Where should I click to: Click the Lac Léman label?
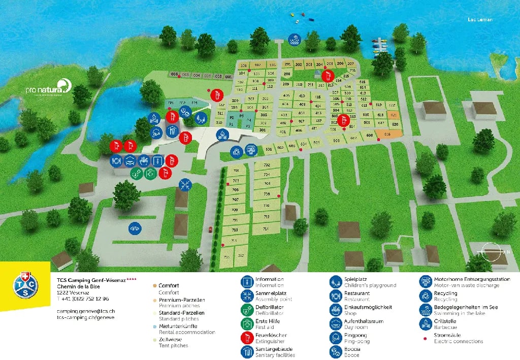(x=480, y=20)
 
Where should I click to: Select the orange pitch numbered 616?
(x=387, y=134)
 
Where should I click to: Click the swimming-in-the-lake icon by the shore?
(x=294, y=40)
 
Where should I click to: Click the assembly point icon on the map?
(x=185, y=185)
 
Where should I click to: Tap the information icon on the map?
(x=158, y=161)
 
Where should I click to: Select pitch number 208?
(x=287, y=74)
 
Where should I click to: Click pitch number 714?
(x=266, y=229)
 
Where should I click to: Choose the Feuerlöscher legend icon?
(x=247, y=337)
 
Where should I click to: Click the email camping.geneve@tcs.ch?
(x=86, y=311)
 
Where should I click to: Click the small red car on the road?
(x=209, y=230)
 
